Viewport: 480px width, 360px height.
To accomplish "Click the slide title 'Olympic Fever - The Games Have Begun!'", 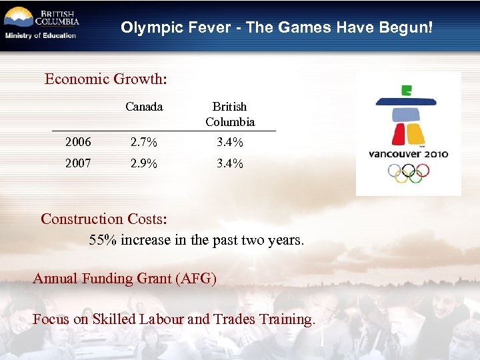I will click(276, 28).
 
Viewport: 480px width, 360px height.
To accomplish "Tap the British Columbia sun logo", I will click(19, 17).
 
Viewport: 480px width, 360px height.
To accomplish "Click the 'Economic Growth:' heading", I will click(106, 79).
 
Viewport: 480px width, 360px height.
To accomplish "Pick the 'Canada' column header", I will click(144, 107).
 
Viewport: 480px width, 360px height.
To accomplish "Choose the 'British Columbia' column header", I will click(230, 114).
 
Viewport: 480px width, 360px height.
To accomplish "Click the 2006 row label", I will click(78, 142).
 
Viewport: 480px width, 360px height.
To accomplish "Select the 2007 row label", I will click(78, 163).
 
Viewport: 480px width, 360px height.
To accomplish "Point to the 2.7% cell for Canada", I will click(144, 142).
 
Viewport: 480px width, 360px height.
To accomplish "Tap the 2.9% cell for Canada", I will click(144, 163).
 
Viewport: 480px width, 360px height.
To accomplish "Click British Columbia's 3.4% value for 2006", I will click(230, 142).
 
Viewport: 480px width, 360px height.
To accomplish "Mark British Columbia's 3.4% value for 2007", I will click(230, 163).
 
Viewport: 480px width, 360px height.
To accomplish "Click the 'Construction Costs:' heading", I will click(104, 219).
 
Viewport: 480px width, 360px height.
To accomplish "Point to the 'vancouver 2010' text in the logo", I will click(409, 154).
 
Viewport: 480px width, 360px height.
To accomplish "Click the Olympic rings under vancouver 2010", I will click(409, 173).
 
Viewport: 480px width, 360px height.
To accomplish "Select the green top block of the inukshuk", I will click(406, 91).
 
